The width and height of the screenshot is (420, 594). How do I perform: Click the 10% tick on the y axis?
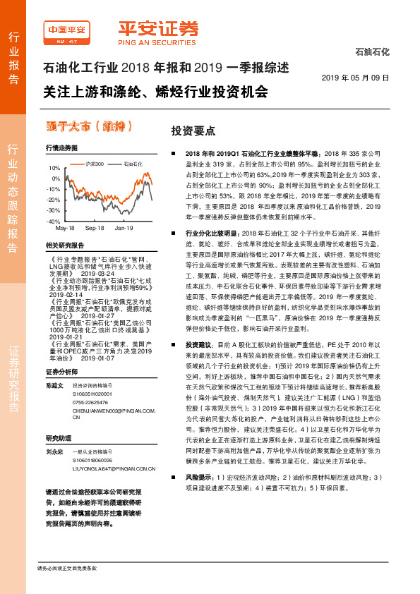(54, 169)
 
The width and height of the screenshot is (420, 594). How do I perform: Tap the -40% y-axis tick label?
(54, 221)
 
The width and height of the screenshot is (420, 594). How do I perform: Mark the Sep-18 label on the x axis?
(94, 229)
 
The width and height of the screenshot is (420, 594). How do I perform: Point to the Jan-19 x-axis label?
(124, 229)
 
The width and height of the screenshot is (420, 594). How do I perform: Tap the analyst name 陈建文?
(54, 385)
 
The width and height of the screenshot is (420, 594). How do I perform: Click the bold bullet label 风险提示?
(200, 497)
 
